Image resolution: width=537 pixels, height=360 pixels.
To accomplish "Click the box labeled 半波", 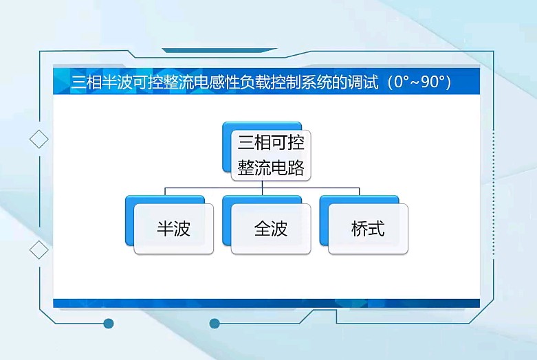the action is pyautogui.click(x=174, y=229).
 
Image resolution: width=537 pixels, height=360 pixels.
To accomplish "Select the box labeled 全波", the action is pyautogui.click(x=271, y=229).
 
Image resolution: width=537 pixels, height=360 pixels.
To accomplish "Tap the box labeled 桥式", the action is pyautogui.click(x=368, y=229).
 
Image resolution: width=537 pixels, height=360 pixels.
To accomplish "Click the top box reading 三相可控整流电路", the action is pyautogui.click(x=271, y=155).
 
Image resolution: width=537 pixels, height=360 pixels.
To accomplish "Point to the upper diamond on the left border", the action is pyautogui.click(x=39, y=139).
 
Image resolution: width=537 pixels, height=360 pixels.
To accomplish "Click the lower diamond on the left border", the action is pyautogui.click(x=39, y=250).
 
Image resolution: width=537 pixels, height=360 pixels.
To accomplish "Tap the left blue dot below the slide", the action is pyautogui.click(x=109, y=324).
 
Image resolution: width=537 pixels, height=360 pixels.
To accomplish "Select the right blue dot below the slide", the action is pyautogui.click(x=215, y=324).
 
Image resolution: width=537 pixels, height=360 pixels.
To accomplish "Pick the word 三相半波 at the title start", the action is pyautogui.click(x=101, y=82).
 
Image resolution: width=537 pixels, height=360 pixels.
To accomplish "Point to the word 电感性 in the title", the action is pyautogui.click(x=217, y=82).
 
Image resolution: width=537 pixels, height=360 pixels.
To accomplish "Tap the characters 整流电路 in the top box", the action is pyautogui.click(x=271, y=168).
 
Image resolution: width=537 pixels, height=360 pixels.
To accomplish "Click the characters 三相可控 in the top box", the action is pyautogui.click(x=271, y=142).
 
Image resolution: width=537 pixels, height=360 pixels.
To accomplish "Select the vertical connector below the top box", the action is pyautogui.click(x=263, y=188).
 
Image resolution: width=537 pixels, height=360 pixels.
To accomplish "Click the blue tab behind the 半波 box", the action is pyautogui.click(x=165, y=200).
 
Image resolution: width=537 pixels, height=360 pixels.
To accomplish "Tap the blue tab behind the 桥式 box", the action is pyautogui.click(x=359, y=200).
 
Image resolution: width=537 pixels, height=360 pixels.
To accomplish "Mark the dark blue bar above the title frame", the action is pyautogui.click(x=219, y=51).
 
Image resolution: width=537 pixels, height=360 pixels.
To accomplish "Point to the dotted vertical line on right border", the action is pyautogui.click(x=494, y=192).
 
